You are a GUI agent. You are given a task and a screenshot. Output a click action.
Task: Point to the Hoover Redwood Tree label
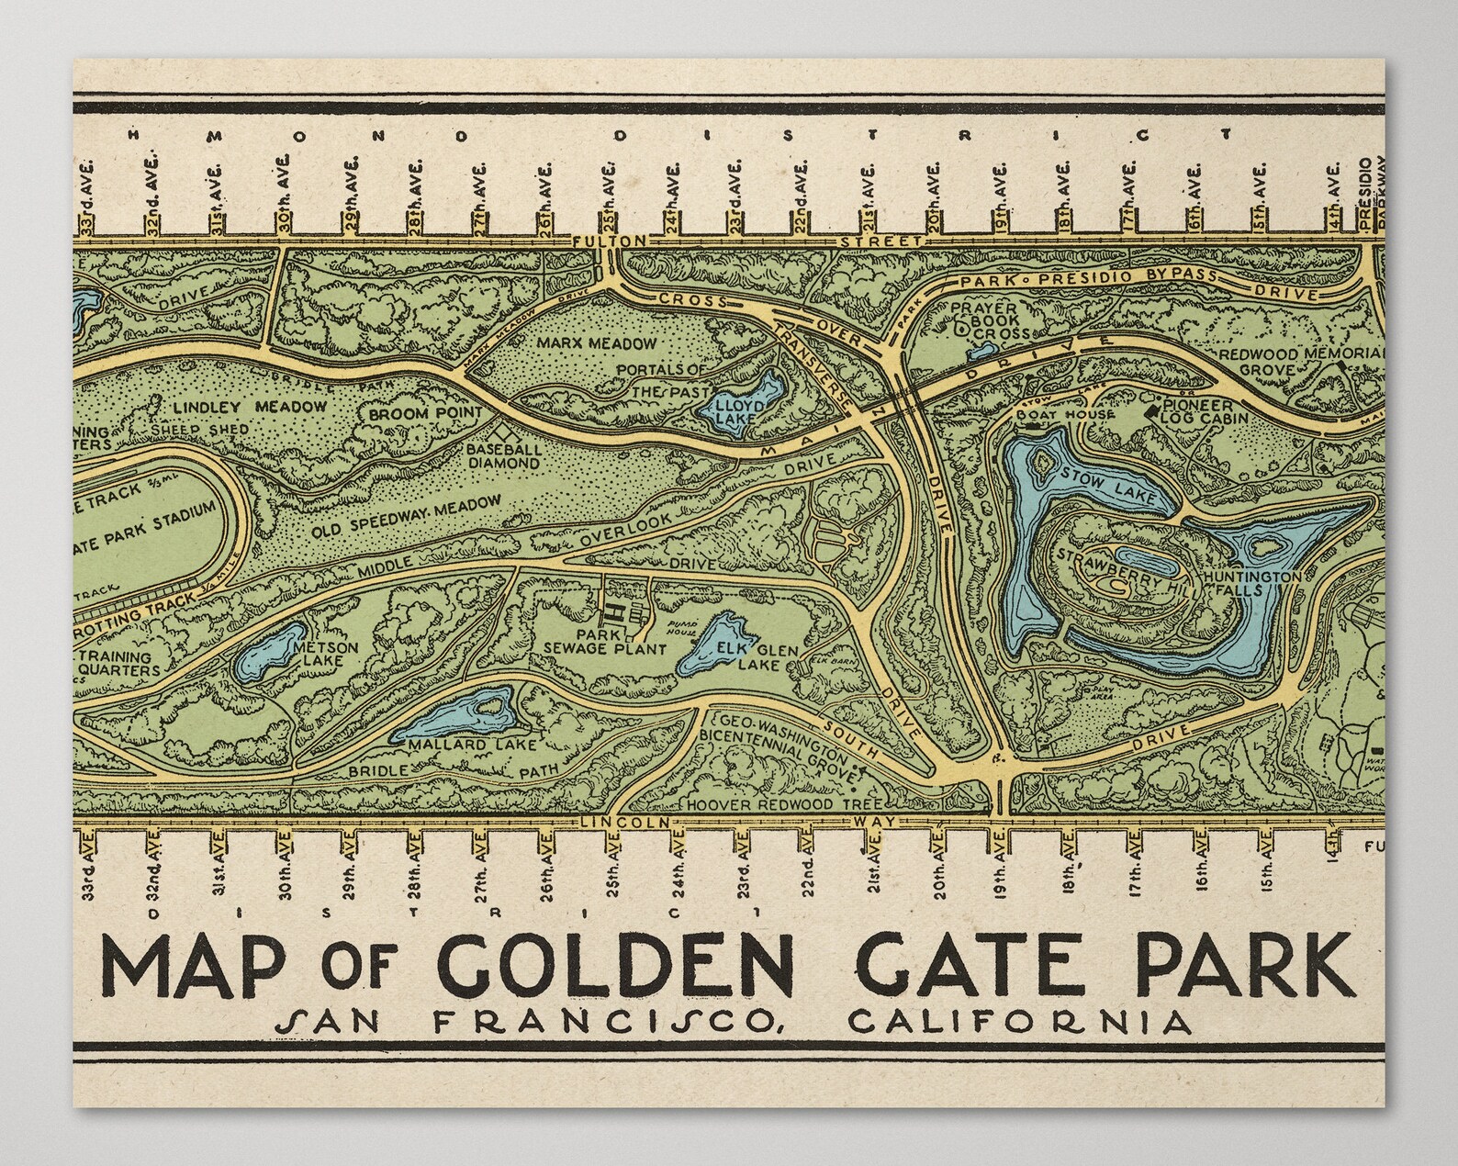[x=790, y=804]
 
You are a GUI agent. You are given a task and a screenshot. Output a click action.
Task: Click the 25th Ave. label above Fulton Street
[x=610, y=195]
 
